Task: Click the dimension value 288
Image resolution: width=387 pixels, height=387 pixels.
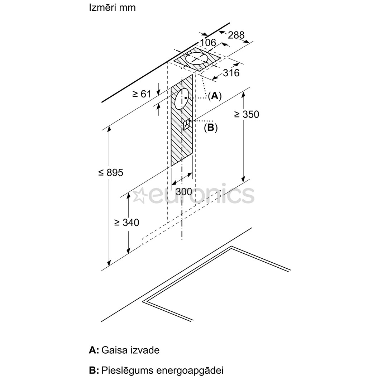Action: click(236, 35)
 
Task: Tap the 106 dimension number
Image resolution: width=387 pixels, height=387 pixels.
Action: click(208, 43)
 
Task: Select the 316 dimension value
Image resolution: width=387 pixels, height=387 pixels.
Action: click(231, 73)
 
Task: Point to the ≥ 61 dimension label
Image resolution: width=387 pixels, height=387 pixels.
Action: click(142, 94)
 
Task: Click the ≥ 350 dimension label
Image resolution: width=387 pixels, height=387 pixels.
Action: click(247, 114)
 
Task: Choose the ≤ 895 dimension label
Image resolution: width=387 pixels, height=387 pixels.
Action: click(111, 172)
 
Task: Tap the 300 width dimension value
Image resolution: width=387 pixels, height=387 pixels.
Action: click(184, 192)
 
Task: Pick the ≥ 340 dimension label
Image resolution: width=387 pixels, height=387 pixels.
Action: click(126, 223)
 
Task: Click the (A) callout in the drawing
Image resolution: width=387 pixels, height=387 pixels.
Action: click(215, 96)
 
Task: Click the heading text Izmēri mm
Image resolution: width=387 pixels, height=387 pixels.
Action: click(112, 8)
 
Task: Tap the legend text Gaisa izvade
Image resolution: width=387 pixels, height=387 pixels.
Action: click(130, 350)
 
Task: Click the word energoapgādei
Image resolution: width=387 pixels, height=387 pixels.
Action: click(190, 371)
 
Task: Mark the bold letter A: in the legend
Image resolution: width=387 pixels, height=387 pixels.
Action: click(94, 350)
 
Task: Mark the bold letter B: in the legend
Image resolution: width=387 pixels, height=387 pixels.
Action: click(94, 370)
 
